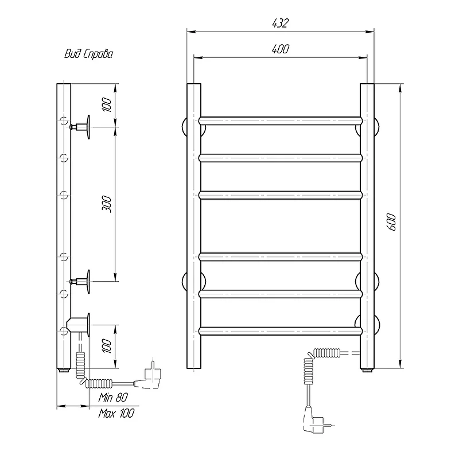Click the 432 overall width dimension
point(281,23)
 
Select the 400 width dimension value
point(281,49)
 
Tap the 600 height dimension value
point(392,222)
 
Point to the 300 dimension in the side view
point(107,204)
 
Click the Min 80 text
point(113,397)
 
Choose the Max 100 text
point(116,413)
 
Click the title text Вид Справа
point(88,54)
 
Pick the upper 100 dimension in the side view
point(107,105)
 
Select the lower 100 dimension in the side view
point(107,346)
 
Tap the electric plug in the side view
point(148,377)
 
